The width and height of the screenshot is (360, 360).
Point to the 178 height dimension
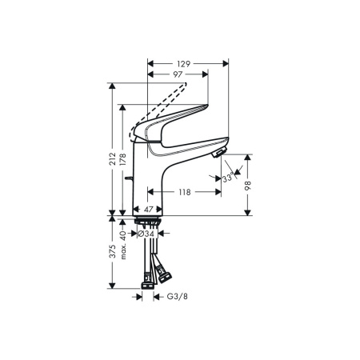[124, 159]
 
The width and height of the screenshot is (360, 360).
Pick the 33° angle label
[230, 177]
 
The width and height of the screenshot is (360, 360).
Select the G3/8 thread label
[177, 297]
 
